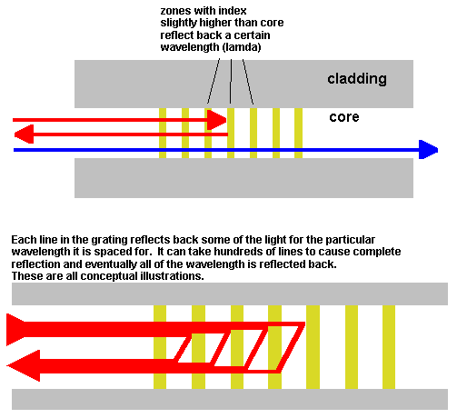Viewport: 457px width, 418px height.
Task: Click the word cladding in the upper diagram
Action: (357, 79)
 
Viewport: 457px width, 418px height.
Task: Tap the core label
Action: (344, 117)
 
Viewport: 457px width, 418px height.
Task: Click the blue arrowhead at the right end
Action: (428, 150)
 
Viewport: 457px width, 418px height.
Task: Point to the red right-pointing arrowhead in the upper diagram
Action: (217, 120)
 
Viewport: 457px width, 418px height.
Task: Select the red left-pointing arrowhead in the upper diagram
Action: (24, 134)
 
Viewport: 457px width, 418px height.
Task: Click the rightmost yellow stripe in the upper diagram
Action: (298, 133)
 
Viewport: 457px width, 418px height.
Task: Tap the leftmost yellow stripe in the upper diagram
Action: (163, 133)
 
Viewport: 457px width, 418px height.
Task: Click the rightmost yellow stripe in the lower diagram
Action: (389, 347)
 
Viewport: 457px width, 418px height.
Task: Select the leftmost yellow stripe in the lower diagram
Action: (160, 347)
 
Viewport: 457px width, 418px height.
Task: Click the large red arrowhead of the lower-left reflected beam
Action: (24, 365)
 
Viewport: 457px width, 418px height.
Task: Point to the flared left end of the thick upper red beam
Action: (15, 330)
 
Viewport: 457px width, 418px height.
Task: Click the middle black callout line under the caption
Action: (231, 81)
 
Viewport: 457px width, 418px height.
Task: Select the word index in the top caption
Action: (233, 11)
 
